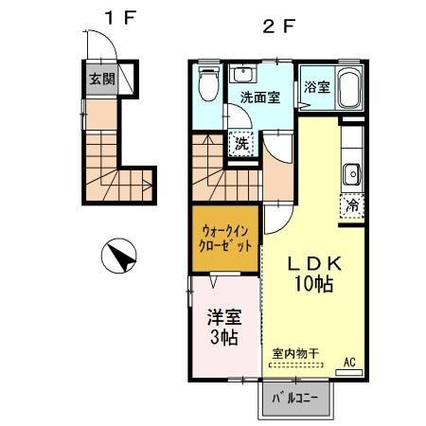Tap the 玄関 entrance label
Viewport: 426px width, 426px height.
pyautogui.click(x=102, y=79)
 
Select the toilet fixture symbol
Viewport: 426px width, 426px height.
pyautogui.click(x=208, y=83)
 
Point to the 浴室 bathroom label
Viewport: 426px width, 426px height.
pyautogui.click(x=317, y=88)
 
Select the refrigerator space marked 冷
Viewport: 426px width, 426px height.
pyautogui.click(x=351, y=202)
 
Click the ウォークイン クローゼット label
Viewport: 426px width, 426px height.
pyautogui.click(x=226, y=237)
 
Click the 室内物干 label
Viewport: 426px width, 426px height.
pyautogui.click(x=295, y=354)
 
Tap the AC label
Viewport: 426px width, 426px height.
pyautogui.click(x=348, y=362)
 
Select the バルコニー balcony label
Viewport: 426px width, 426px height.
pyautogui.click(x=296, y=398)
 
